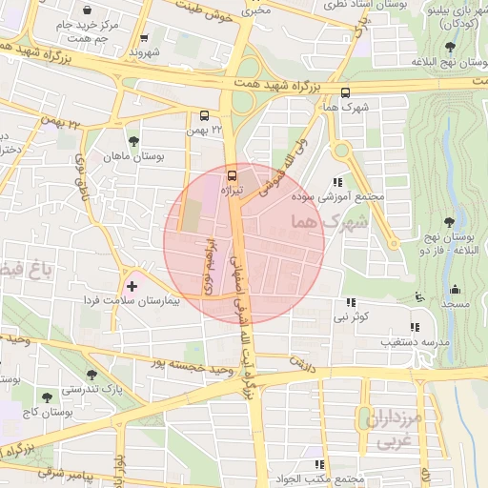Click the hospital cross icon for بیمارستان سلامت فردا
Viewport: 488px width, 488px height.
(132, 285)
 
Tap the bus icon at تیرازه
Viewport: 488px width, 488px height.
(232, 175)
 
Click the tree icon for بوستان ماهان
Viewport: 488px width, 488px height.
(132, 141)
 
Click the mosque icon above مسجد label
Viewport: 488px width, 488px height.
(457, 289)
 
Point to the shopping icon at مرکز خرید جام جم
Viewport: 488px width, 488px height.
(87, 10)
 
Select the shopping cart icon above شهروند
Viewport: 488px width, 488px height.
(143, 39)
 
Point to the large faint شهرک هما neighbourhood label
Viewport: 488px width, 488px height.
(324, 221)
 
